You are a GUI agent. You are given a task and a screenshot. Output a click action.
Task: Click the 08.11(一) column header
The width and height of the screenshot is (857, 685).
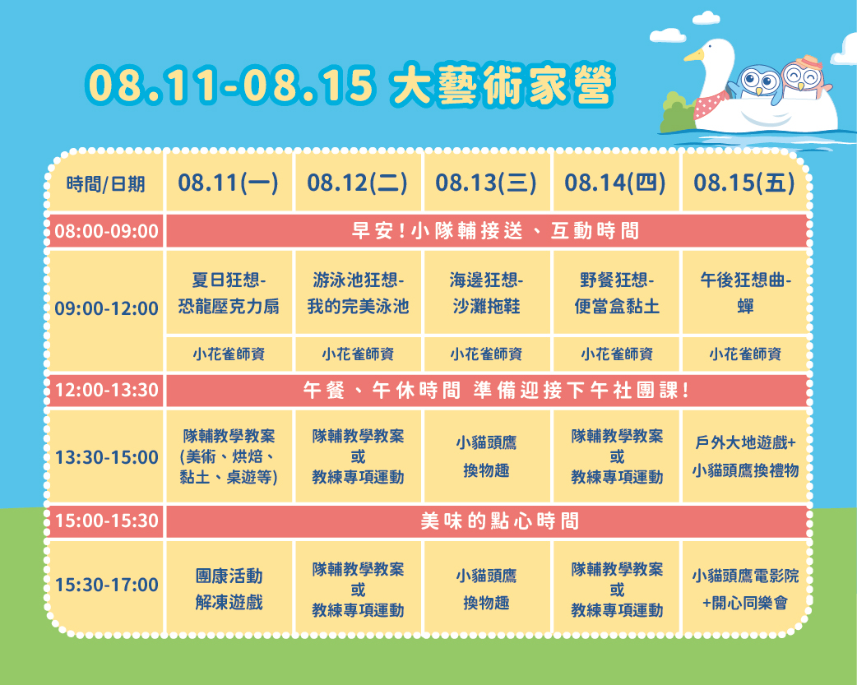pos(228,183)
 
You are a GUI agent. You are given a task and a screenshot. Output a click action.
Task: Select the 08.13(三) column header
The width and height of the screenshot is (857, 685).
pos(486,183)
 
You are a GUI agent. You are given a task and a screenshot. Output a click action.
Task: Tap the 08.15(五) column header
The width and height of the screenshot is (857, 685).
pos(744,183)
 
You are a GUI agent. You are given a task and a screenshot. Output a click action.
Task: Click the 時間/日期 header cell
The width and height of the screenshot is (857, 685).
pos(105,184)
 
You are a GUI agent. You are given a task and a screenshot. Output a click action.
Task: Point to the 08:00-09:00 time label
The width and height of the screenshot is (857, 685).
pos(107,231)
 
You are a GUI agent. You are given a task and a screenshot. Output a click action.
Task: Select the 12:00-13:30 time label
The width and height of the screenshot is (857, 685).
pos(107,390)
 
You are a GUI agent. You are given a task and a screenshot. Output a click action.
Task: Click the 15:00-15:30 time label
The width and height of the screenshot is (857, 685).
pos(107,520)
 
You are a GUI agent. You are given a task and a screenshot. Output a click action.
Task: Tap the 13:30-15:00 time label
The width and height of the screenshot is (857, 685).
pos(107,457)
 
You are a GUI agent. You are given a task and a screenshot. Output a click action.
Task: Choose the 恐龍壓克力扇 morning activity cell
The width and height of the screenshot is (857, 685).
pos(229,293)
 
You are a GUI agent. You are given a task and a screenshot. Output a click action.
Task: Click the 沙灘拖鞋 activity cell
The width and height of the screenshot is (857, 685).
pos(486,293)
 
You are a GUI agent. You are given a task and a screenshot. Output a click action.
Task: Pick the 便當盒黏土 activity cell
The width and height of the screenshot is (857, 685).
pos(617,293)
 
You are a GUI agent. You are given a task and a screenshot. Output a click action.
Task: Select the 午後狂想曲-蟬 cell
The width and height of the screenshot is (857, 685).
pos(746,293)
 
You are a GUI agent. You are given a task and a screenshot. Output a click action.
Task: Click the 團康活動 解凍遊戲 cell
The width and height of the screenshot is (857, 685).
pos(229,589)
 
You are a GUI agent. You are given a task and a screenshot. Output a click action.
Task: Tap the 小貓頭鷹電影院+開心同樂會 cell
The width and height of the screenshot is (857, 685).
pos(746,589)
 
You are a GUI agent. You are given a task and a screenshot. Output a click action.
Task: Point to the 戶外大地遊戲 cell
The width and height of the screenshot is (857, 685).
pos(746,456)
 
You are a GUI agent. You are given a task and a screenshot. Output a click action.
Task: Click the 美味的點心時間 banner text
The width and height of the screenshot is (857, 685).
pos(499,521)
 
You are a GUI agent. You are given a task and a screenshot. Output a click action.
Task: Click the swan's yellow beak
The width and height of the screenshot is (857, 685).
pos(694,55)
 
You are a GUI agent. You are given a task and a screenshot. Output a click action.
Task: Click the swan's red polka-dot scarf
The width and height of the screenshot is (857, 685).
pos(710,105)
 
